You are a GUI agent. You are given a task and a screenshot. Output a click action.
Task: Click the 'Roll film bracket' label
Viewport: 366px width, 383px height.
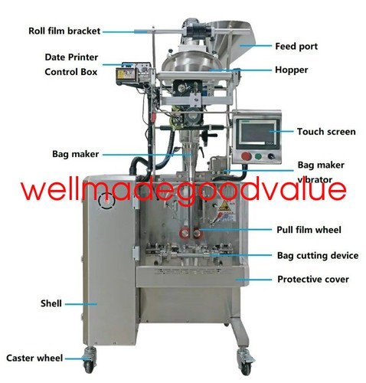point(64,31)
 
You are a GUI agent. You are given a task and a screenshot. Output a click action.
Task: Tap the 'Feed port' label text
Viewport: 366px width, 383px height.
point(296,47)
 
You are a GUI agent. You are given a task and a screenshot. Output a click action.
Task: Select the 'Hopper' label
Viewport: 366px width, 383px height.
point(291,70)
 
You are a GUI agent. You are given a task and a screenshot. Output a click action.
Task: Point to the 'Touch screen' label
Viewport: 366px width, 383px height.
point(326,132)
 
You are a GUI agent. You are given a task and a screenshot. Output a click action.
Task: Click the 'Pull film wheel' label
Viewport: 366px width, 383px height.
point(309,230)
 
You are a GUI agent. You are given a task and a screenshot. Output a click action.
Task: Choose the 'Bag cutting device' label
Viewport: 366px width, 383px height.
point(318,256)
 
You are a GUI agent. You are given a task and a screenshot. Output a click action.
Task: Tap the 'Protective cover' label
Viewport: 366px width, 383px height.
point(313,280)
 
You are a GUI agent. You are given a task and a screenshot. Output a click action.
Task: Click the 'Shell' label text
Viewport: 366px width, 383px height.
point(51,303)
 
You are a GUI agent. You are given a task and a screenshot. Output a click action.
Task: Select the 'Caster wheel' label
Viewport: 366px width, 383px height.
point(34,358)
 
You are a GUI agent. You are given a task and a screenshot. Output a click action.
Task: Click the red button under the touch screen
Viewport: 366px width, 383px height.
point(247,156)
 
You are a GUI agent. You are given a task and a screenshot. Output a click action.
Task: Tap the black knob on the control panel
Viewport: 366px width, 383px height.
point(271,156)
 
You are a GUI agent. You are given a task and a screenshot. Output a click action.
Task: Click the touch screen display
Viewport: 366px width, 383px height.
point(257,133)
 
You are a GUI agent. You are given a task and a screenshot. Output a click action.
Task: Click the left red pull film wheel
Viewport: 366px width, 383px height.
point(184,233)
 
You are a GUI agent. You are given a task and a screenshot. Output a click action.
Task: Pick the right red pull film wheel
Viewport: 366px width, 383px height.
point(197,233)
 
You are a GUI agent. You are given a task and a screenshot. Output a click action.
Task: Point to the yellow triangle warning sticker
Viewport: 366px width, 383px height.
point(224,204)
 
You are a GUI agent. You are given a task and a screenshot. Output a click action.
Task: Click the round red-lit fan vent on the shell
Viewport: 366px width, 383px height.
point(107,201)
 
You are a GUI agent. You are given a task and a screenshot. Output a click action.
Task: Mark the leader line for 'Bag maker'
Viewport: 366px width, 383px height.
point(147,155)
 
